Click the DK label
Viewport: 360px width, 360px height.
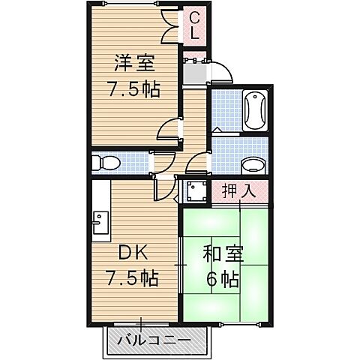127,252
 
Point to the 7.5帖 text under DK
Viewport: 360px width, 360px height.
132,278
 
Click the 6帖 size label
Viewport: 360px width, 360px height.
222,280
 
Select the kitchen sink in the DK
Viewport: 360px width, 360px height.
100,222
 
